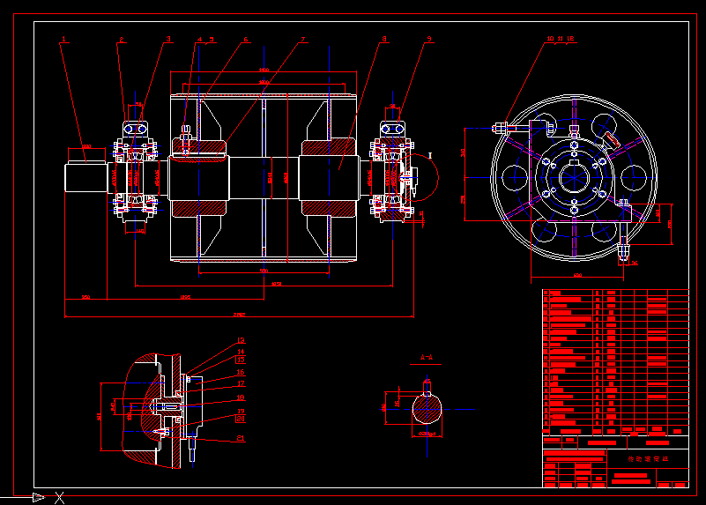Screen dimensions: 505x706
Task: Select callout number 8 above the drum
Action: [x=383, y=40]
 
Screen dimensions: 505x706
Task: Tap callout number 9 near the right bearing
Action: [x=428, y=40]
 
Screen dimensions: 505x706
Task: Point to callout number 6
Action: [x=246, y=40]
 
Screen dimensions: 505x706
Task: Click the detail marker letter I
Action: [x=430, y=155]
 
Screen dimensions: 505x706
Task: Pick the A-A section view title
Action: [x=427, y=358]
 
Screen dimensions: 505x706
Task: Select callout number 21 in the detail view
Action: [x=241, y=438]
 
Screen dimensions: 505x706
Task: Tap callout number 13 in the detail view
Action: [x=241, y=360]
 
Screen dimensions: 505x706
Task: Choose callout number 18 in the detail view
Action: [x=241, y=398]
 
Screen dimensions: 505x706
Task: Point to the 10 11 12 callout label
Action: [x=561, y=40]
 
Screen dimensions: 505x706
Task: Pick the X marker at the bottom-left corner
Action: [x=60, y=498]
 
